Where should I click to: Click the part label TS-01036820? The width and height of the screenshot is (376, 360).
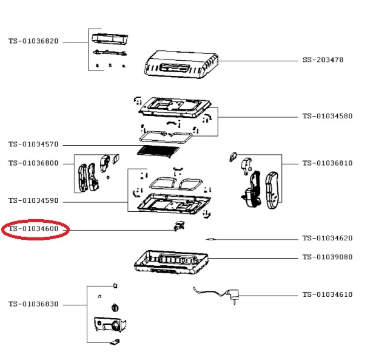coord(33,41)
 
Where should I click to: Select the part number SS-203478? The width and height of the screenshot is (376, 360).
coord(323,60)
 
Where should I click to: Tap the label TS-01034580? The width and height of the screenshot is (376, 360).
coord(327,116)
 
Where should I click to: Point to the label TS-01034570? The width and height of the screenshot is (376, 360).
coord(33,144)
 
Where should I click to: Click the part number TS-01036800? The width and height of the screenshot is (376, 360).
coord(33,163)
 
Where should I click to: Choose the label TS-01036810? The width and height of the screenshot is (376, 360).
coord(327,163)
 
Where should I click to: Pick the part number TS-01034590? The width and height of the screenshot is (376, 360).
coord(33,200)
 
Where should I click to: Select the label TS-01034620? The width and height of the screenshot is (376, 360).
coord(327,239)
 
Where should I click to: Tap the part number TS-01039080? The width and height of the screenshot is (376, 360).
coord(327,257)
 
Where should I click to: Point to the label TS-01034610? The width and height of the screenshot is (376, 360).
coord(327,295)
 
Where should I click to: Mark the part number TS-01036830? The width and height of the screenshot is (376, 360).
coord(33,304)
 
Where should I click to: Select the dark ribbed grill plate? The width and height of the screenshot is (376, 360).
coord(159,152)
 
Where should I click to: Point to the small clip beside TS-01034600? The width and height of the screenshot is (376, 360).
coord(178,226)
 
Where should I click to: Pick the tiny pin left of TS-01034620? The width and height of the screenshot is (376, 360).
coord(210,239)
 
